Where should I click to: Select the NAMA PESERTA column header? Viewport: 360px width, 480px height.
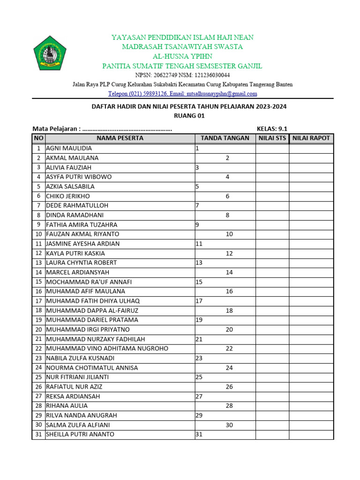pyautogui.click(x=120, y=138)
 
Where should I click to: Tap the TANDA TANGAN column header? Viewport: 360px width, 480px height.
pyautogui.click(x=225, y=138)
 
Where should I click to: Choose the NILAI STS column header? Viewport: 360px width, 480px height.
pyautogui.click(x=272, y=138)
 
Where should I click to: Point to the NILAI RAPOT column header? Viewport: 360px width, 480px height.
pyautogui.click(x=311, y=138)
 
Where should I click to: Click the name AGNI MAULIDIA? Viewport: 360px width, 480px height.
pyautogui.click(x=69, y=149)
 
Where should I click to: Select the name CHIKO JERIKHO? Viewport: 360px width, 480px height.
pyautogui.click(x=68, y=196)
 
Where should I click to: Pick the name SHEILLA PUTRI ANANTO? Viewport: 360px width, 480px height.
pyautogui.click(x=80, y=435)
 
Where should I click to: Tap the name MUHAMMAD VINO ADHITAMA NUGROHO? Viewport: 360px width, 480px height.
pyautogui.click(x=107, y=349)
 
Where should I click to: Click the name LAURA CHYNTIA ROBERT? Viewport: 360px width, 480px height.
pyautogui.click(x=82, y=263)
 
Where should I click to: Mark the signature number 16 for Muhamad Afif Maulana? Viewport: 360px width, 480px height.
pyautogui.click(x=229, y=292)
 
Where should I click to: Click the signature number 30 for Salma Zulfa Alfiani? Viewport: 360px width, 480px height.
pyautogui.click(x=229, y=425)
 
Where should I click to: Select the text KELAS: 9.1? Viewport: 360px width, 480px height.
pyautogui.click(x=272, y=129)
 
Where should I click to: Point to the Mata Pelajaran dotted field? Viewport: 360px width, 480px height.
pyautogui.click(x=127, y=129)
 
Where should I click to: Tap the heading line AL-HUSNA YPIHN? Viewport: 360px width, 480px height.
pyautogui.click(x=182, y=56)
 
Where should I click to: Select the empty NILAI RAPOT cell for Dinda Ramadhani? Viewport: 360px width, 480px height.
pyautogui.click(x=311, y=215)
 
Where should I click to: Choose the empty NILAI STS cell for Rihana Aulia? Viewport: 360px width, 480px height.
pyautogui.click(x=272, y=406)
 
